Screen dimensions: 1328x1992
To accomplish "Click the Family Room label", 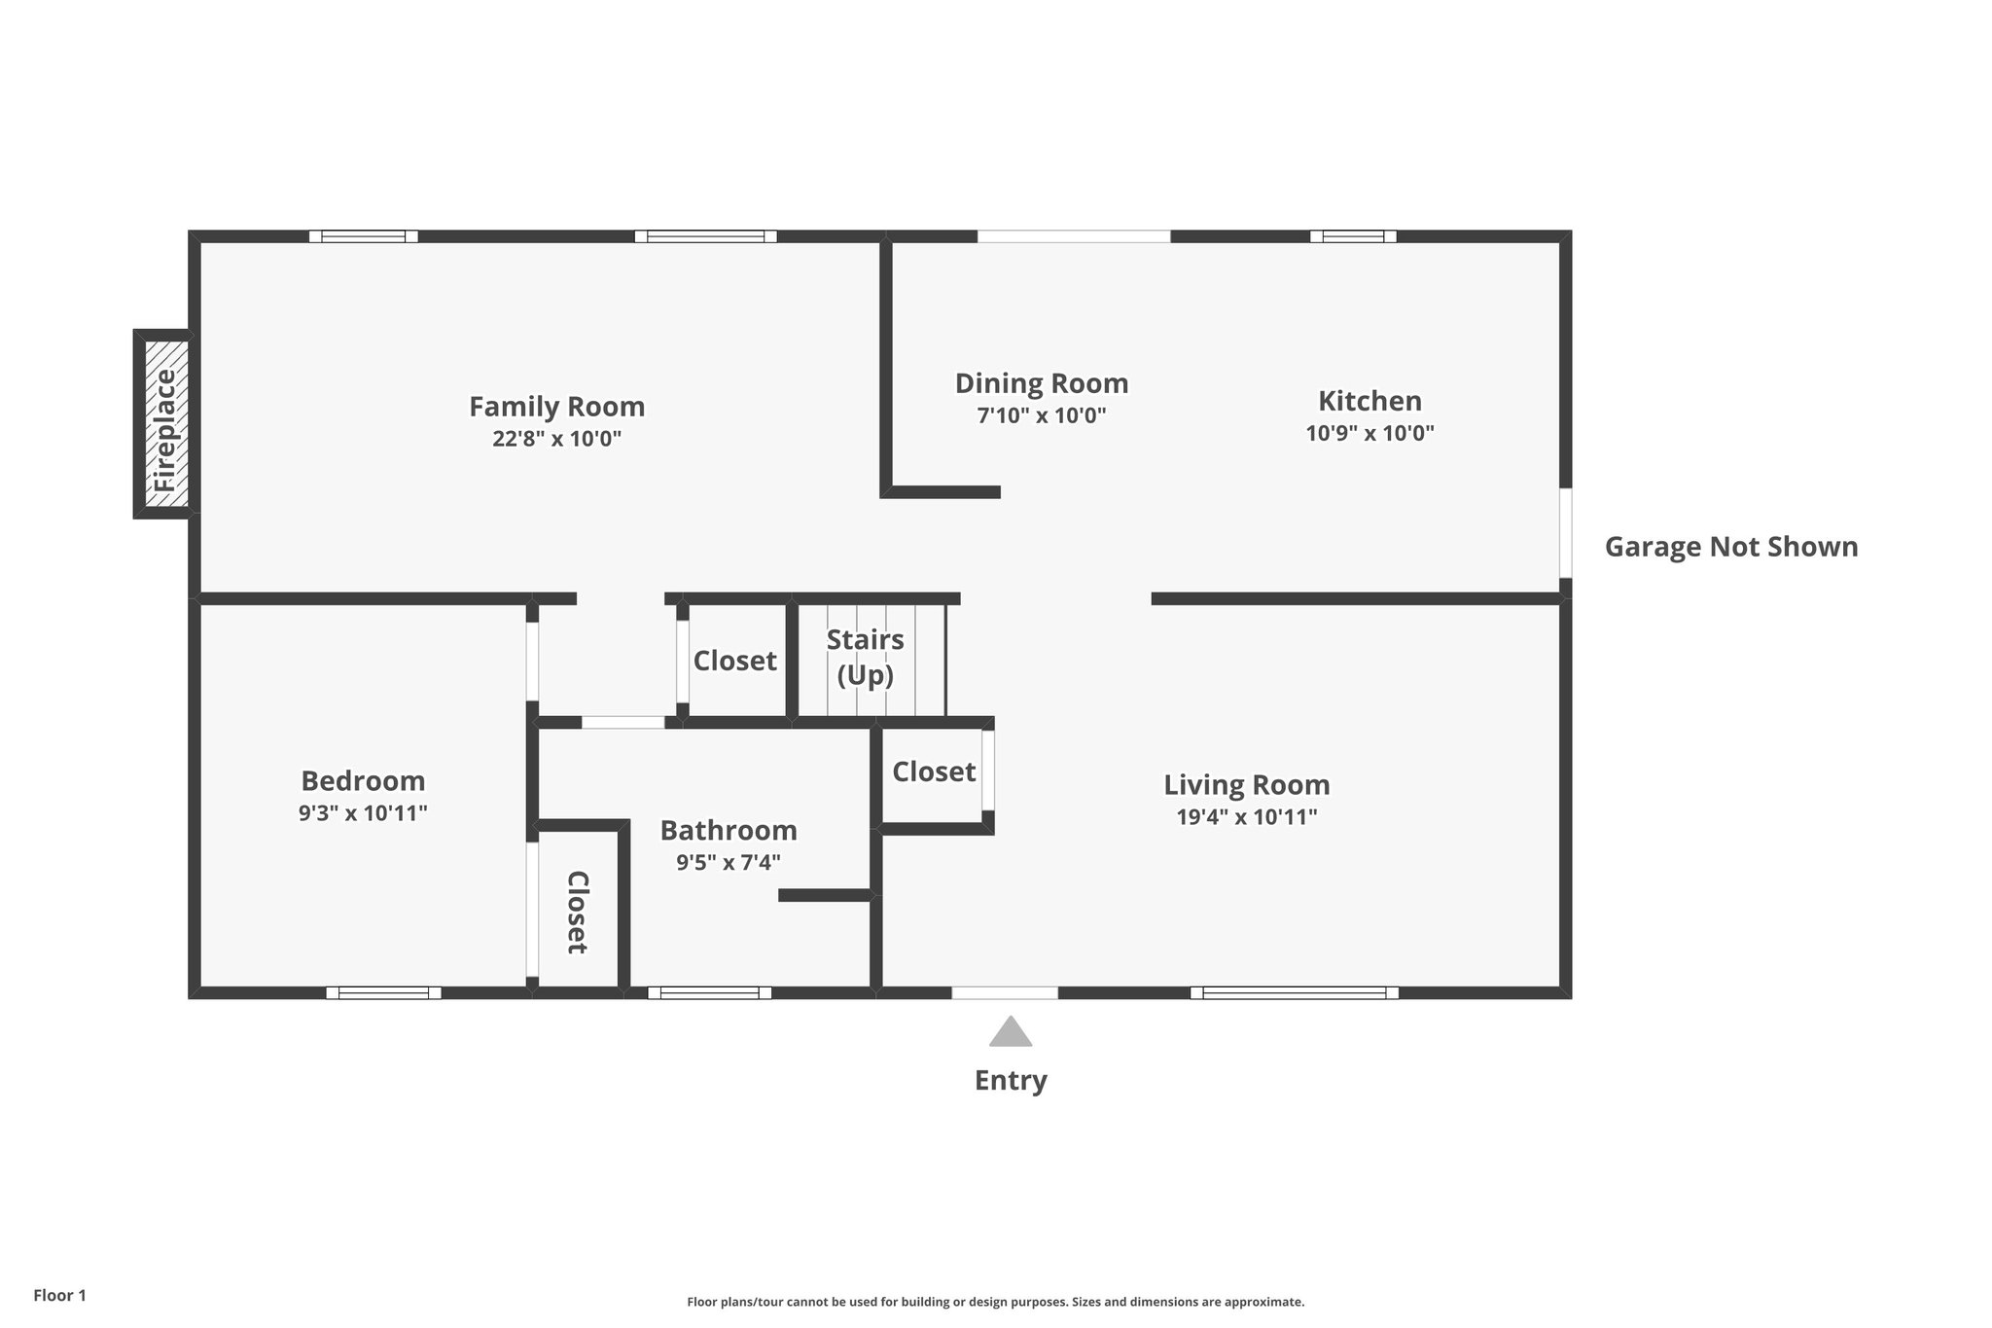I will coord(556,407).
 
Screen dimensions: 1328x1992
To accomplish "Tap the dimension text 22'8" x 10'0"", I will coord(556,439).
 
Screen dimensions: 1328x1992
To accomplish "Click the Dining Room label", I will coord(1041,383).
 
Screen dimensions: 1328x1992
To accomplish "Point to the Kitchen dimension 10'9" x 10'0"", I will coord(1369,433).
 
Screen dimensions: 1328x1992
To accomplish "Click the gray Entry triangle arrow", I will coord(1010,1033).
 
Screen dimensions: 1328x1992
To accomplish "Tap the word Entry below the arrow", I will coord(1010,1081).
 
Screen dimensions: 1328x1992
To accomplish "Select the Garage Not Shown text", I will coord(1730,547).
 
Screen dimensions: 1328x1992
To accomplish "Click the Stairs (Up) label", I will coord(865,657).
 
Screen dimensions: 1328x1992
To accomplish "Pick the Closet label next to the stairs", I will coord(734,662).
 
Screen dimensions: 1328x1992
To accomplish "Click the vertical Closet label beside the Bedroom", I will coord(577,912).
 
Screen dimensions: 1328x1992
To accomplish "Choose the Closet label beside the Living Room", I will coord(933,772).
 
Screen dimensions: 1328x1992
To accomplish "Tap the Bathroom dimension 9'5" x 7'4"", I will coord(728,862).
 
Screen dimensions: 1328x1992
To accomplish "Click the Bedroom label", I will coord(363,781).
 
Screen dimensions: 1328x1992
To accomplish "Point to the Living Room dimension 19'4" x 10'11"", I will coord(1246,817).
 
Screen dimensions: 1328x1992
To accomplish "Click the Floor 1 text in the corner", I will coord(59,1295).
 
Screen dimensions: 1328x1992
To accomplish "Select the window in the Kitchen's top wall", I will coord(1352,236).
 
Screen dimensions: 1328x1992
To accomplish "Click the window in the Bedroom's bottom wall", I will coord(383,992).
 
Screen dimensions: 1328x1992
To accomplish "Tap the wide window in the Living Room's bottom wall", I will coord(1294,992).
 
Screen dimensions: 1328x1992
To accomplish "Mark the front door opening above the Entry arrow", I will coord(1004,992).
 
